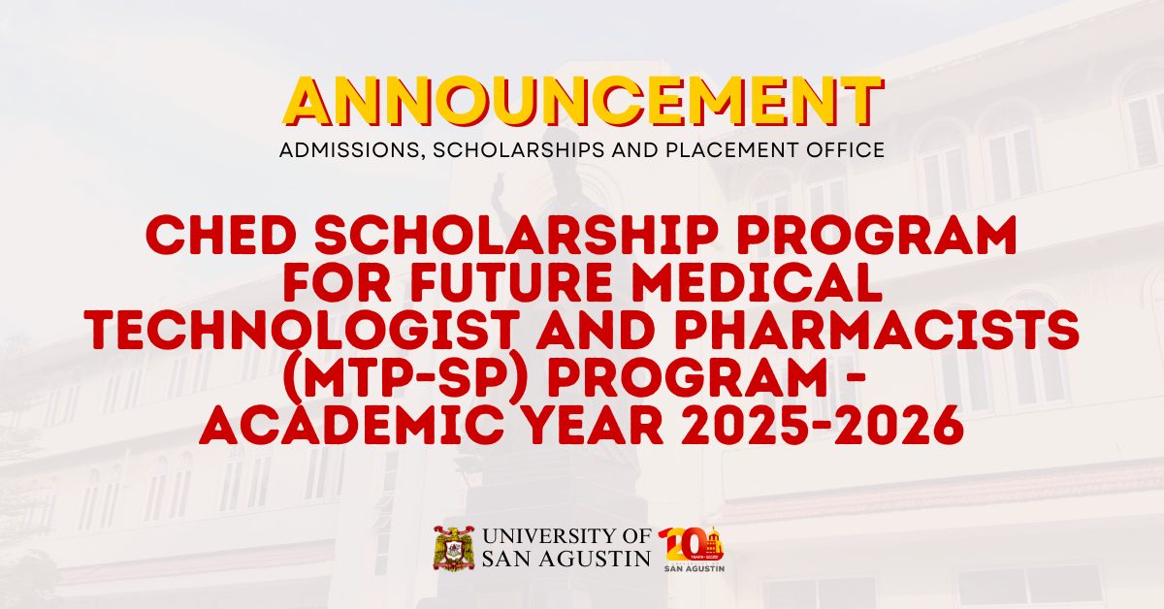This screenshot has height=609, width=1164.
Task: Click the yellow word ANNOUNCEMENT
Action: [583, 101]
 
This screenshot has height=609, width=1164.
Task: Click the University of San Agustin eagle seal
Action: [454, 548]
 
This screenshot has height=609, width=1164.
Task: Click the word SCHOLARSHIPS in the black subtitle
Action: [520, 150]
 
